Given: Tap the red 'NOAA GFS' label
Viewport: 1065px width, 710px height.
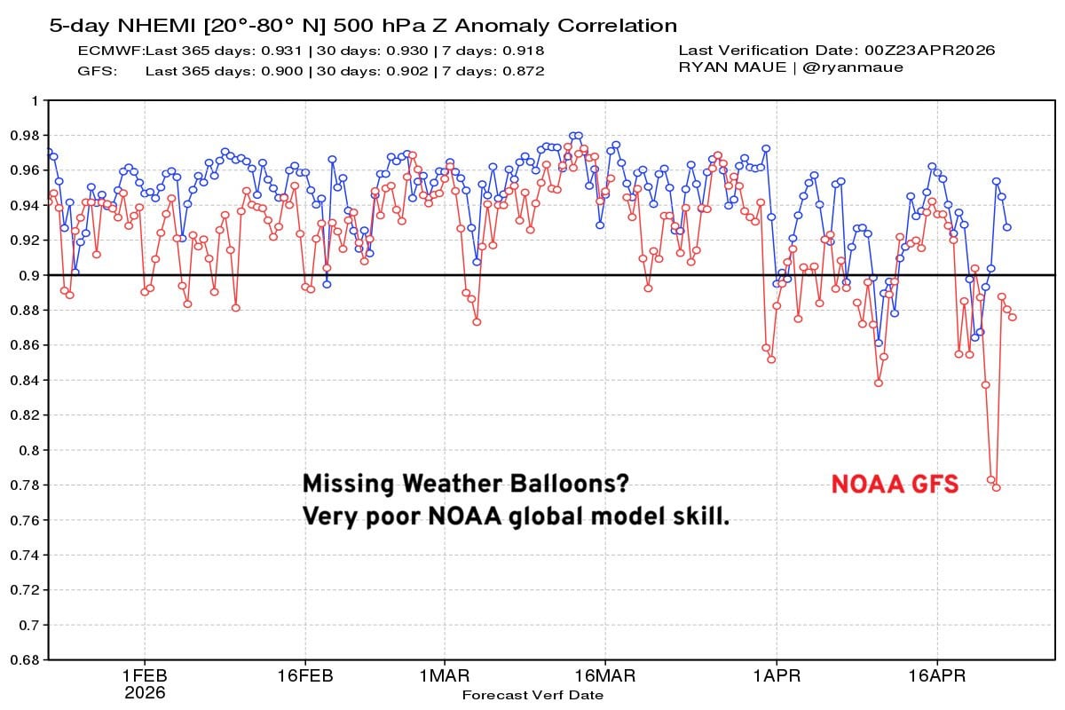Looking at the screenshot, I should pyautogui.click(x=895, y=485).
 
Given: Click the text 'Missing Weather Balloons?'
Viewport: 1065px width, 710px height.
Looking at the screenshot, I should pyautogui.click(x=466, y=484).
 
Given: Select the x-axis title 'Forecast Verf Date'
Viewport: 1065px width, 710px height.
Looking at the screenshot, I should pyautogui.click(x=532, y=695).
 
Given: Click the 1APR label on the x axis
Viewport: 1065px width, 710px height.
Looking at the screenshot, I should pyautogui.click(x=777, y=675).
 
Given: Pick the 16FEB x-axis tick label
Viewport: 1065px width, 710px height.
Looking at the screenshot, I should pyautogui.click(x=304, y=675).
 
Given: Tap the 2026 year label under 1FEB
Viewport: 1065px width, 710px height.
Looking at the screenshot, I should pyautogui.click(x=145, y=692).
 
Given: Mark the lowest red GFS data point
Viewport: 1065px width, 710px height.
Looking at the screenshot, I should pyautogui.click(x=996, y=487).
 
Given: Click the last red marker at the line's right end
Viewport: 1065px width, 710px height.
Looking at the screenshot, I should pyautogui.click(x=1012, y=317).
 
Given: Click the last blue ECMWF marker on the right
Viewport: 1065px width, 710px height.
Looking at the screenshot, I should pyautogui.click(x=1006, y=227).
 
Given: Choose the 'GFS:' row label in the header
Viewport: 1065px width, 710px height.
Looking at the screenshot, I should pyautogui.click(x=98, y=70).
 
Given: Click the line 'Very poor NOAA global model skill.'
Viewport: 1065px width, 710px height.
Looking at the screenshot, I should pyautogui.click(x=516, y=516).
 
